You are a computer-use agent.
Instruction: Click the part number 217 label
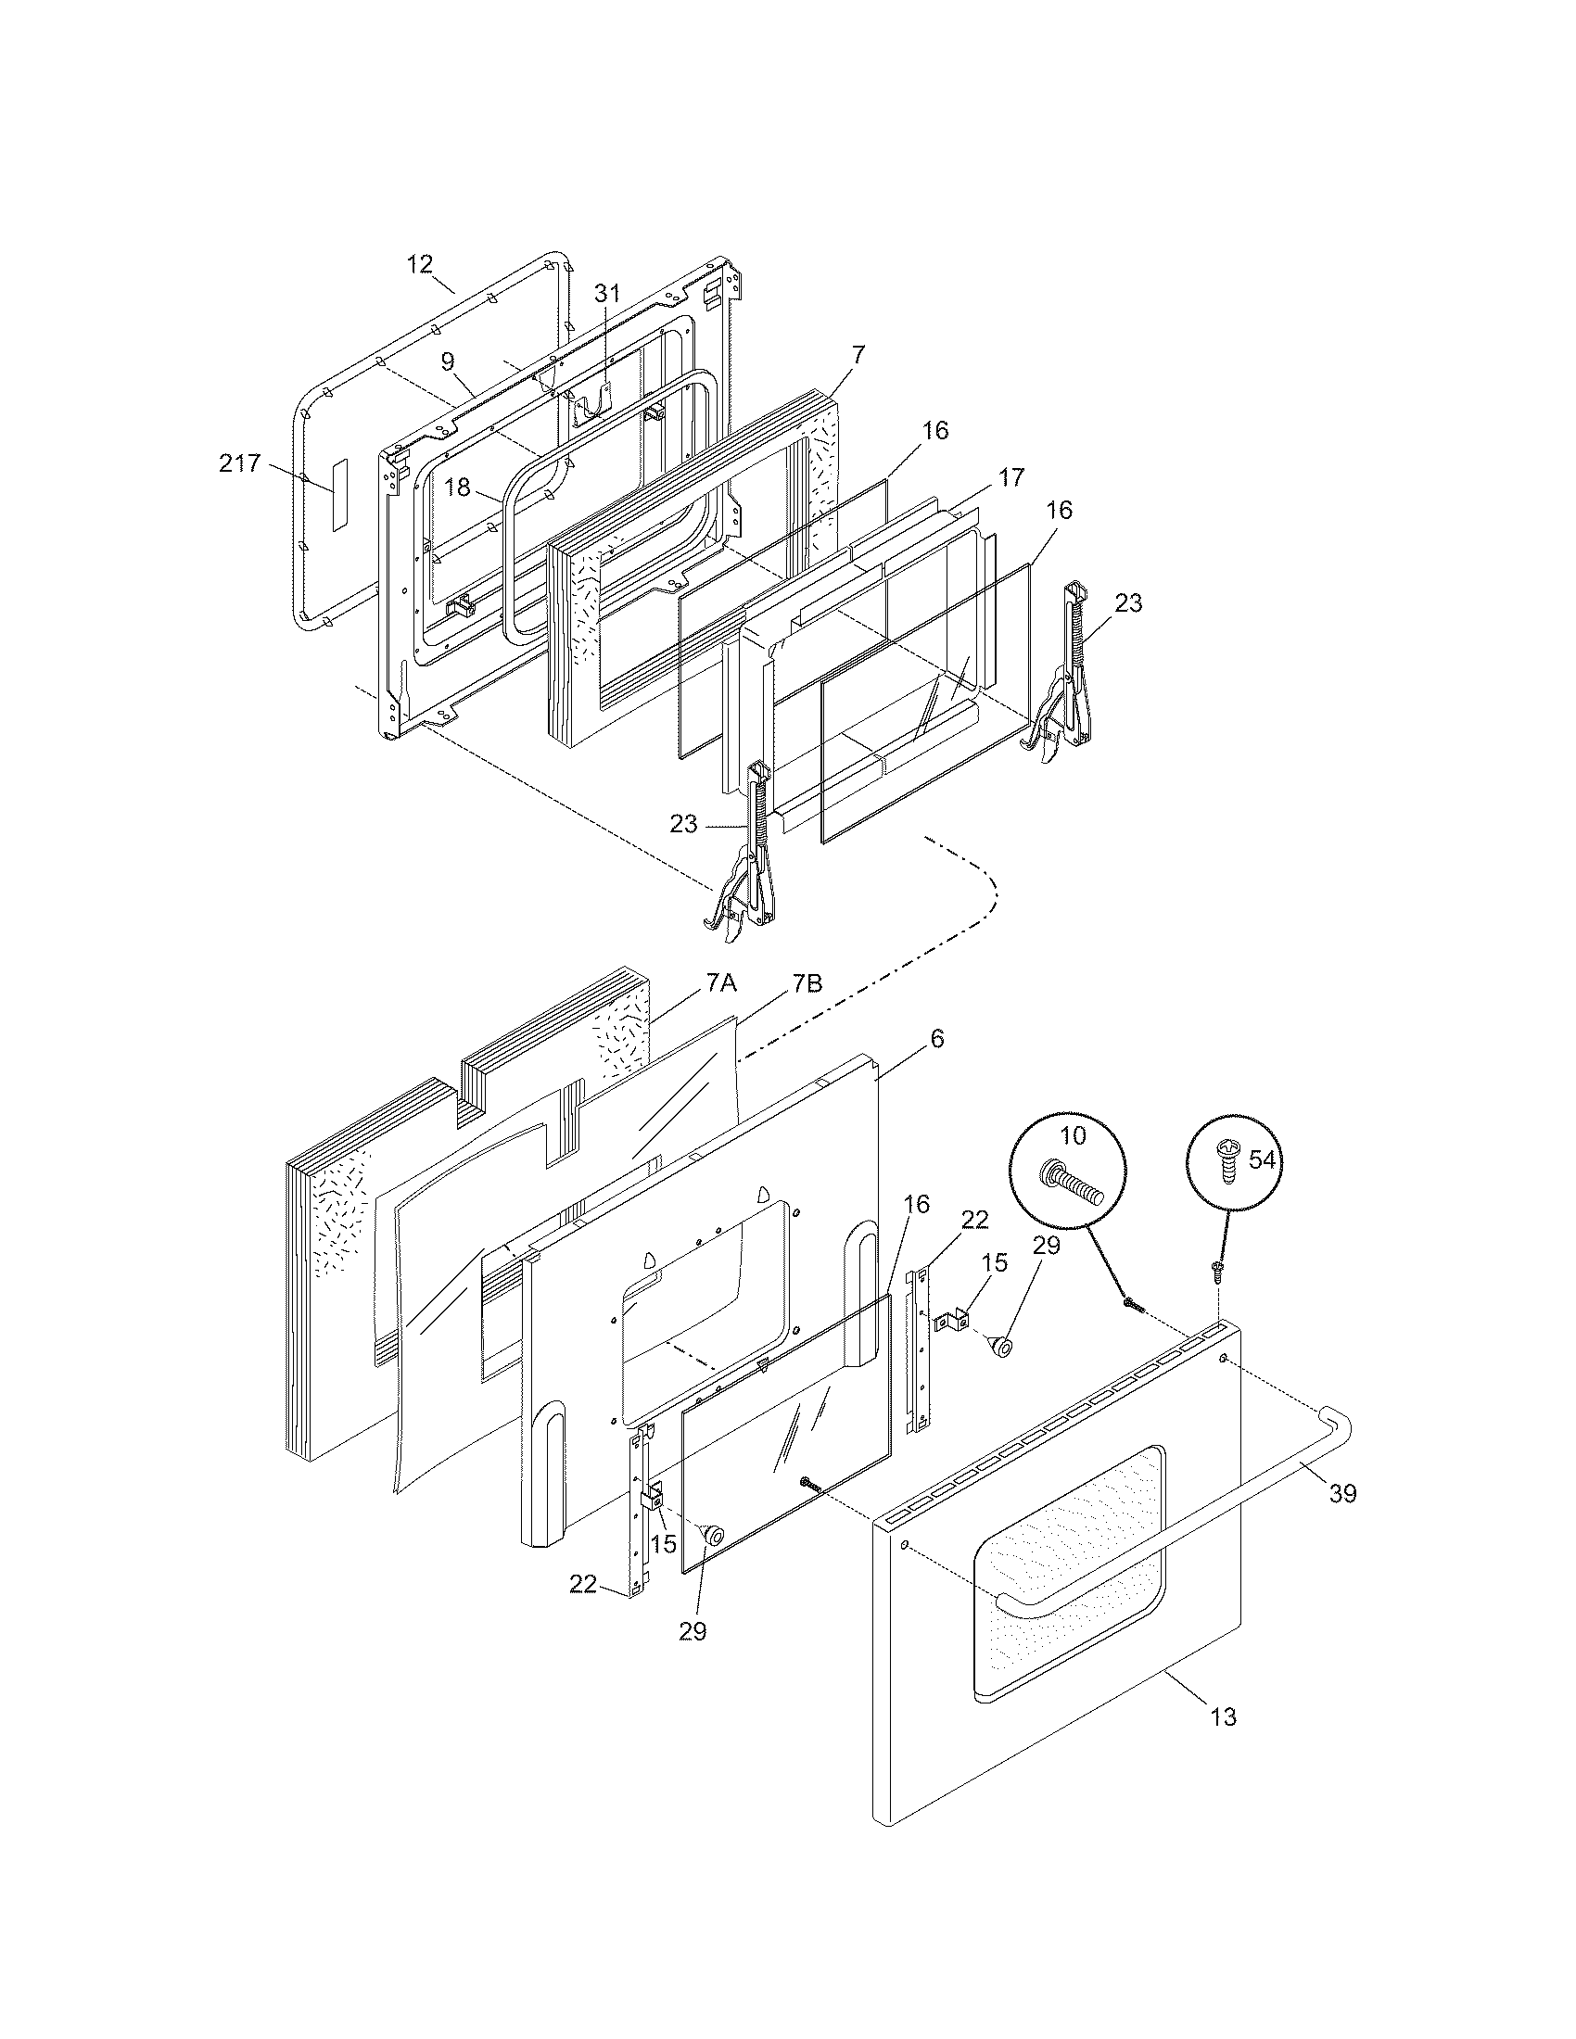coord(239,463)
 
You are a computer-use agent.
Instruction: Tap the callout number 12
coord(420,264)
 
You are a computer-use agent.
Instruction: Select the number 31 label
coord(607,292)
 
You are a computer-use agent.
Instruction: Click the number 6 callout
coord(936,1038)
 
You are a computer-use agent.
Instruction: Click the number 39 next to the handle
coord(1342,1493)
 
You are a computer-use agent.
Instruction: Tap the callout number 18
coord(456,488)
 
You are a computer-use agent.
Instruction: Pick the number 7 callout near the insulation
coord(858,354)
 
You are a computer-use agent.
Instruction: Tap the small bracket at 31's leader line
coord(593,400)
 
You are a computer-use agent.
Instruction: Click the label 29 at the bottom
coord(692,1631)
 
